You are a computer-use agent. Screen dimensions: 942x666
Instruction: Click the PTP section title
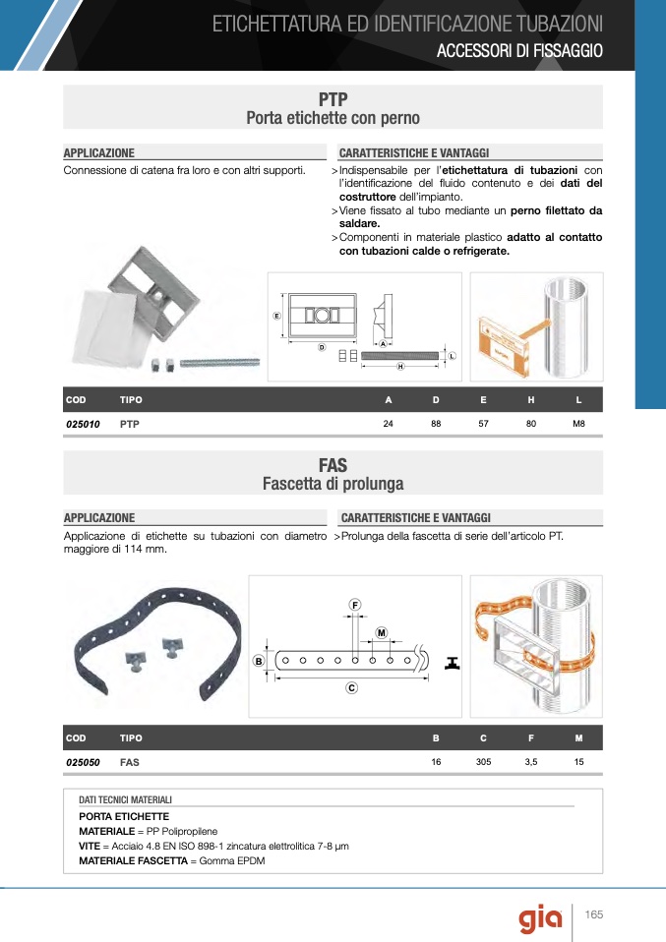pos(333,99)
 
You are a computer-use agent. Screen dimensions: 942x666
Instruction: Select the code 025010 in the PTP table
pos(83,424)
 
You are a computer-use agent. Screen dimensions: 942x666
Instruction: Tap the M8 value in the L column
pos(578,424)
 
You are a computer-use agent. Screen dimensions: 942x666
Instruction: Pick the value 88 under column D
pos(436,424)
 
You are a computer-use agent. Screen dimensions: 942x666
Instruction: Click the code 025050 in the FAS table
pos(83,762)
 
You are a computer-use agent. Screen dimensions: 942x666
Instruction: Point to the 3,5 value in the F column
pos(531,762)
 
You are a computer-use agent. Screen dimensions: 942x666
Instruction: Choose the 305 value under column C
pos(483,762)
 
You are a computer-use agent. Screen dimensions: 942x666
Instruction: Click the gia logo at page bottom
pos(541,919)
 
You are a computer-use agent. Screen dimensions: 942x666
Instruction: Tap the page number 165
pos(593,914)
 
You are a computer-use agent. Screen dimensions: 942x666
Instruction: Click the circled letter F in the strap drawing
pos(354,603)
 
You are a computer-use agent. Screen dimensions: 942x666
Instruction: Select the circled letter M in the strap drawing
pos(381,632)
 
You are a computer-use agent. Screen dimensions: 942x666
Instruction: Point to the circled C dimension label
pos(350,688)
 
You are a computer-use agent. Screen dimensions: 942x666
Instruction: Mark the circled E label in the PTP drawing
pos(277,316)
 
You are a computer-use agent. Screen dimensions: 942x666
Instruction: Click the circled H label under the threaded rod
pos(400,367)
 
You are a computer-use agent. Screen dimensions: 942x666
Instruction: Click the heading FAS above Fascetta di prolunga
pos(333,465)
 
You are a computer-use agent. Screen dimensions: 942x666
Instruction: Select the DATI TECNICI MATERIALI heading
pos(125,800)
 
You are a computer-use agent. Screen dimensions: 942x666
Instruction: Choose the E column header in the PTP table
pos(483,400)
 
